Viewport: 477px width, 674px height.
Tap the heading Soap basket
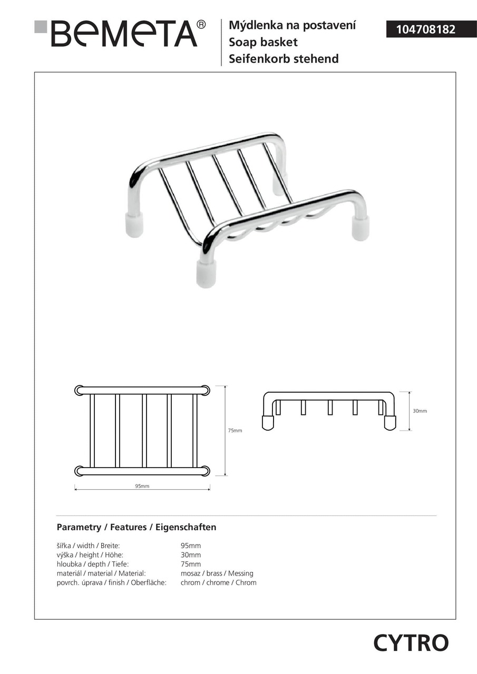point(263,42)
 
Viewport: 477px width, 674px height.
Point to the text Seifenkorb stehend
point(284,59)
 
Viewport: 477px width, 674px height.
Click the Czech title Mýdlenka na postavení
point(292,25)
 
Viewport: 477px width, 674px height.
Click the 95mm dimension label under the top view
point(142,486)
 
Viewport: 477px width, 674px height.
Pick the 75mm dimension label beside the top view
point(235,431)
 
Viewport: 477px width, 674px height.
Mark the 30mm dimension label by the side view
point(420,411)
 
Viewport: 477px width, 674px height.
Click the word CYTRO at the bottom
point(411,643)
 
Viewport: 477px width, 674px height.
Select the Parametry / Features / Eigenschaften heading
point(136,527)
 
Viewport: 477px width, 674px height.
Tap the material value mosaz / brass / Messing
point(217,573)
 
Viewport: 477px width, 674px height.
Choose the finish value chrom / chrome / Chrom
point(218,582)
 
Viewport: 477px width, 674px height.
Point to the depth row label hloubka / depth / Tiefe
point(92,564)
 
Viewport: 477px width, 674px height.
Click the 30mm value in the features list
point(191,555)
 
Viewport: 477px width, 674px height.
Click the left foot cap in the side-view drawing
point(268,422)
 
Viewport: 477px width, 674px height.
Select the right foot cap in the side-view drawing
point(390,422)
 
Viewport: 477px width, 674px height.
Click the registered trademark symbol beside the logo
point(201,25)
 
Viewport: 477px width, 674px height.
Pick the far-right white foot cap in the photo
point(361,227)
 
